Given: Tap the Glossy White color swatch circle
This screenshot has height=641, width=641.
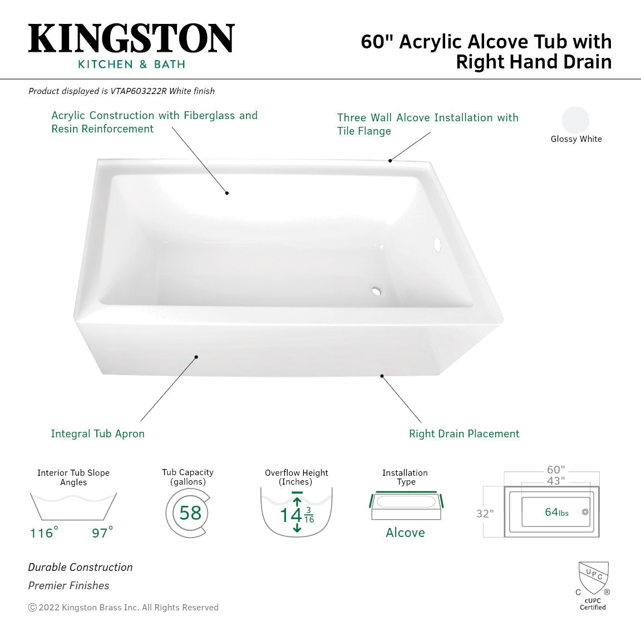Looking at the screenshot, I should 575,120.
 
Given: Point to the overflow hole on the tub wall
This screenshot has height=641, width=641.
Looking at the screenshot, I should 437,244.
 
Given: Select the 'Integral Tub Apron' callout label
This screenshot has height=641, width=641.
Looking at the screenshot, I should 97,433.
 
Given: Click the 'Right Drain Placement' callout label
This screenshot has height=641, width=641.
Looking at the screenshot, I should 464,433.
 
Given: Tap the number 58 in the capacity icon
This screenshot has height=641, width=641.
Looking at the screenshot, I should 190,512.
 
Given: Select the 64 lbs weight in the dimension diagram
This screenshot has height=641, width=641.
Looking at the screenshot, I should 556,512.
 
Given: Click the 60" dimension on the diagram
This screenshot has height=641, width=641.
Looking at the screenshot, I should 555,470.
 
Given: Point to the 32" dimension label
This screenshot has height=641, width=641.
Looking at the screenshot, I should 485,514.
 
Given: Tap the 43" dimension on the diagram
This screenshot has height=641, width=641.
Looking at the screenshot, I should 555,481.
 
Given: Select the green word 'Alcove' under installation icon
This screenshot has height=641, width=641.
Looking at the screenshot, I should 405,532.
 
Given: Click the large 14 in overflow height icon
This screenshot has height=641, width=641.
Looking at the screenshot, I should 290,515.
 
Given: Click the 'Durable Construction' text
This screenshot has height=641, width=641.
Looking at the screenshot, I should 81,567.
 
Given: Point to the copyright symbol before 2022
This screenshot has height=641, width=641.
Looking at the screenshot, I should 32,608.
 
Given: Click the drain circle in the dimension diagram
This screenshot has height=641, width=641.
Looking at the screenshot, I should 585,512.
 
